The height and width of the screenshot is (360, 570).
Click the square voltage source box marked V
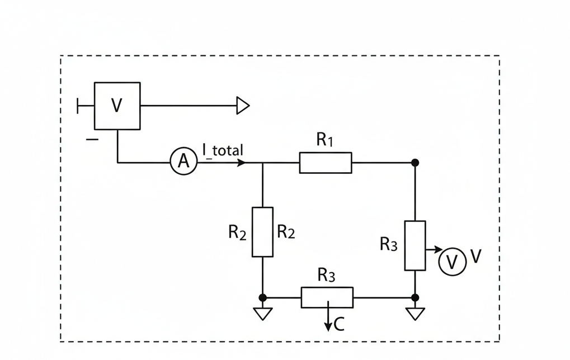[x=117, y=106]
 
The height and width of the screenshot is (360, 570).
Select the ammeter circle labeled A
[x=183, y=162]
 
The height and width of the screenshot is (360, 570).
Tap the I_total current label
[x=223, y=149]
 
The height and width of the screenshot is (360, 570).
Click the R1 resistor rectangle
[x=326, y=163]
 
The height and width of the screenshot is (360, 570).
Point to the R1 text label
[x=324, y=140]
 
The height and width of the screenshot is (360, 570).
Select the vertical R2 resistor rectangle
[x=262, y=232]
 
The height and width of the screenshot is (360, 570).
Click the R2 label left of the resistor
[x=237, y=232]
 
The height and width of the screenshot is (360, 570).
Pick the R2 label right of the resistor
[x=286, y=232]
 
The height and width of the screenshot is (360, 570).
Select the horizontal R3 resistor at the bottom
[x=327, y=297]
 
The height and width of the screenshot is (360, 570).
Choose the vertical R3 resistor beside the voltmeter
[x=415, y=246]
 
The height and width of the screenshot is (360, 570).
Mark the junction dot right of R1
[x=415, y=163]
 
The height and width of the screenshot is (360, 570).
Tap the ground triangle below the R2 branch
[x=262, y=314]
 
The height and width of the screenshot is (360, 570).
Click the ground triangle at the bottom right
[x=415, y=314]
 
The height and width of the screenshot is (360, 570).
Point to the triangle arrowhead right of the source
[x=243, y=105]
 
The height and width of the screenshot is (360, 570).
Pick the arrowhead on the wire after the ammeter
[x=241, y=163]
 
